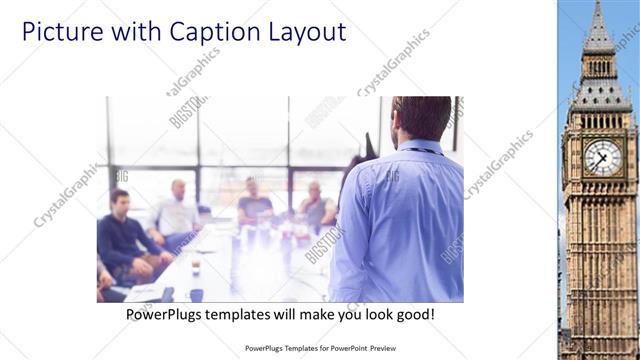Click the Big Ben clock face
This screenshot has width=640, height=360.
click(x=602, y=156)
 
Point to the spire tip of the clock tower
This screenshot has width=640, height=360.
click(x=599, y=4)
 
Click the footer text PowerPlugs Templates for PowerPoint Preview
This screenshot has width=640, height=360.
click(x=319, y=349)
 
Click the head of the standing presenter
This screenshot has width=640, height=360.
click(x=420, y=118)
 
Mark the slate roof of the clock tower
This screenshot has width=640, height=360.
click(x=599, y=95)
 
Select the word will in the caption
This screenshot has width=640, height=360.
click(x=295, y=314)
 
